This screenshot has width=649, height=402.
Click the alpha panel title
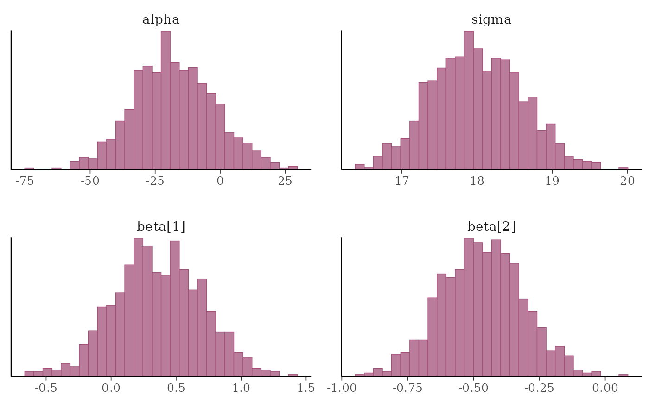click(x=160, y=20)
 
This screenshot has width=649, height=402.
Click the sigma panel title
click(x=491, y=20)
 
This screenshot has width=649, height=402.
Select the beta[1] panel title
click(x=161, y=227)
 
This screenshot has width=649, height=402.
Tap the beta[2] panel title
click(x=491, y=227)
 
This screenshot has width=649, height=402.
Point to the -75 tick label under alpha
click(x=25, y=181)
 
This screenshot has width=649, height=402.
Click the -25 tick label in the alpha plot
click(x=155, y=181)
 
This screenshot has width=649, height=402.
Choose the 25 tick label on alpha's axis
click(x=285, y=181)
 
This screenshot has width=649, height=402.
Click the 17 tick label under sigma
click(x=402, y=181)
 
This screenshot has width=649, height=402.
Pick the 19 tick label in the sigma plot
click(x=552, y=181)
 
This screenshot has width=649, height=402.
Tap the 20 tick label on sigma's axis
click(x=627, y=181)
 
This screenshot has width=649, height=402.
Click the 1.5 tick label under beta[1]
click(x=305, y=388)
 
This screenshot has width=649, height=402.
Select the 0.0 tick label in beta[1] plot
click(x=111, y=388)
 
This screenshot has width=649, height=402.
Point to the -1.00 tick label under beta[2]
click(x=342, y=388)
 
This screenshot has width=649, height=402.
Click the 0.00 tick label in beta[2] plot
click(x=605, y=388)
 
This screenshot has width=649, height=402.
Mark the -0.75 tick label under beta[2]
click(x=407, y=388)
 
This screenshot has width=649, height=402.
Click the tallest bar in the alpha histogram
click(x=165, y=100)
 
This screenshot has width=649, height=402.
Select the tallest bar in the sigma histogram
click(x=469, y=100)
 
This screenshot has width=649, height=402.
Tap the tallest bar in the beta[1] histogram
click(x=138, y=306)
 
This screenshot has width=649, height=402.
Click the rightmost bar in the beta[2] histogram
click(x=624, y=375)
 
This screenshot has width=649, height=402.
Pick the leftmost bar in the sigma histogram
click(x=360, y=166)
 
